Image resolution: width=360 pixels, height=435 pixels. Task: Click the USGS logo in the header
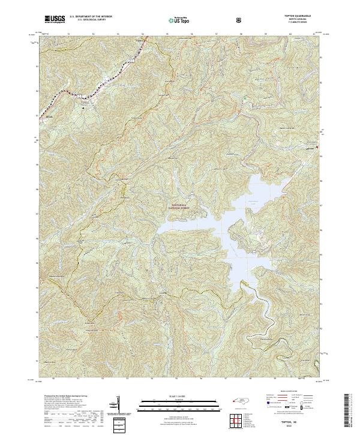[x=55, y=19]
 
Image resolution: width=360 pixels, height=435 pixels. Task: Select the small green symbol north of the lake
[x=245, y=98]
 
